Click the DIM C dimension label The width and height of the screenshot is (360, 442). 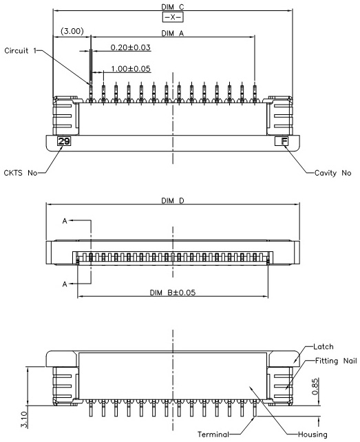[173, 6]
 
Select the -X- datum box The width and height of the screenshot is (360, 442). [173, 17]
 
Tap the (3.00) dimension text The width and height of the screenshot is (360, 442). [72, 31]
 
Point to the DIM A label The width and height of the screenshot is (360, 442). [173, 33]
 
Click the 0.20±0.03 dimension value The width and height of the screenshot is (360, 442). [130, 48]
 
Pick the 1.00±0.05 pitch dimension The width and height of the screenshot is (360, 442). [131, 69]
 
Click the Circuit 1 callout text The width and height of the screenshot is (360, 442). [20, 51]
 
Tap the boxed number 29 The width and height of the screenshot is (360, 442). [64, 141]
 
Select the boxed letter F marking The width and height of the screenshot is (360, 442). [282, 141]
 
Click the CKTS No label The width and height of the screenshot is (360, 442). [20, 173]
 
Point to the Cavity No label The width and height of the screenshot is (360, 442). [332, 173]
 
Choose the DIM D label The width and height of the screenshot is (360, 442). [173, 201]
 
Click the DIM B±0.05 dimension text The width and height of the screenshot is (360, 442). [173, 293]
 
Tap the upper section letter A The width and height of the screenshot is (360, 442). [65, 221]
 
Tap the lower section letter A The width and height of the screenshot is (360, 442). [65, 284]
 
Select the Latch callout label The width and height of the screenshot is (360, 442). [324, 346]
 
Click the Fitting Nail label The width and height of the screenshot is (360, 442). [336, 361]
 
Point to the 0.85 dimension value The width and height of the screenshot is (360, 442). [315, 386]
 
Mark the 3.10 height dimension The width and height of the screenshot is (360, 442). [25, 420]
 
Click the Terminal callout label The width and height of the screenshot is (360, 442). [213, 434]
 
